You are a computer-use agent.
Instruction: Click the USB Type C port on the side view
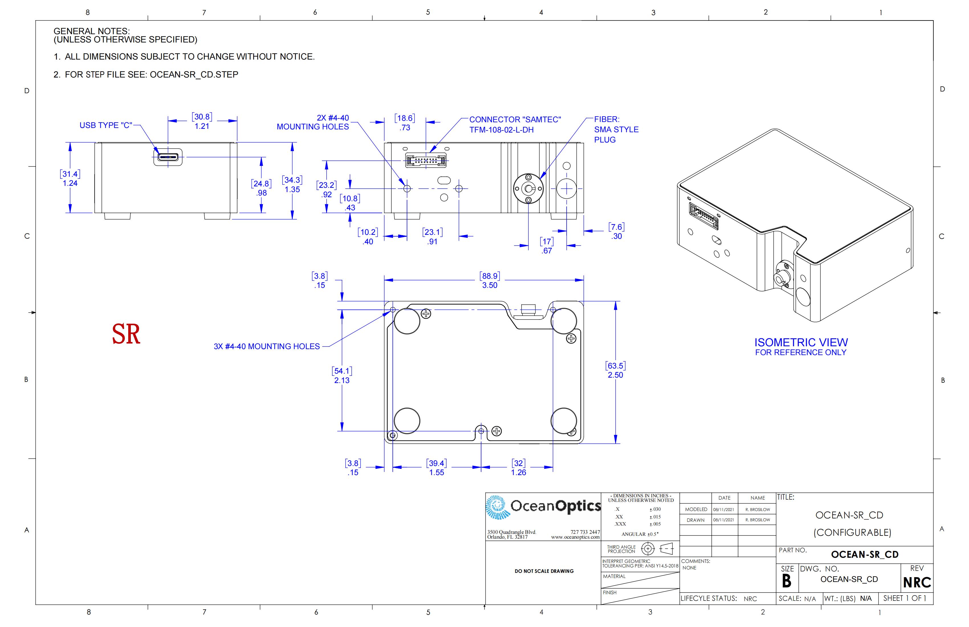(x=168, y=157)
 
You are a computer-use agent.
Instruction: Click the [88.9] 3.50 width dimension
(x=490, y=280)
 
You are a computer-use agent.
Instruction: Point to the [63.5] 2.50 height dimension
(x=615, y=370)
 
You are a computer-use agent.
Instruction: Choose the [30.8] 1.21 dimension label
(x=202, y=121)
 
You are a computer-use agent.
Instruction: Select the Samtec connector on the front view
(x=426, y=160)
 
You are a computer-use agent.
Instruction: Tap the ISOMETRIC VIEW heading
(x=801, y=342)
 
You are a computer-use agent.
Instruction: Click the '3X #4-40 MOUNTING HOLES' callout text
(x=267, y=347)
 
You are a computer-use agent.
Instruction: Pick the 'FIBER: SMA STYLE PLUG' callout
(x=616, y=129)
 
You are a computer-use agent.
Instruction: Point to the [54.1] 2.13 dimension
(x=342, y=375)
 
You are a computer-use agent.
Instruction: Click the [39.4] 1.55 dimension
(x=436, y=468)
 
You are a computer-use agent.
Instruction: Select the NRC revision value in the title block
(x=917, y=583)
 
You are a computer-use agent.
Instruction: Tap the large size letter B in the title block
(x=787, y=581)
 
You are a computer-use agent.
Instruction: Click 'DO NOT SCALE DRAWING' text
(x=544, y=571)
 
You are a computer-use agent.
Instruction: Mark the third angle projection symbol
(x=657, y=549)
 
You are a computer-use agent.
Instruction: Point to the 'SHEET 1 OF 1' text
(x=905, y=598)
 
